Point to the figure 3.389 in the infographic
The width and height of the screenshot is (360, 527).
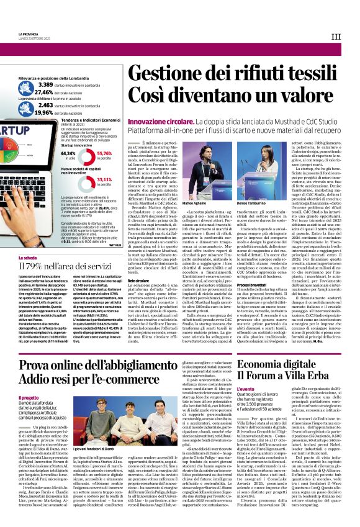[45, 84]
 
